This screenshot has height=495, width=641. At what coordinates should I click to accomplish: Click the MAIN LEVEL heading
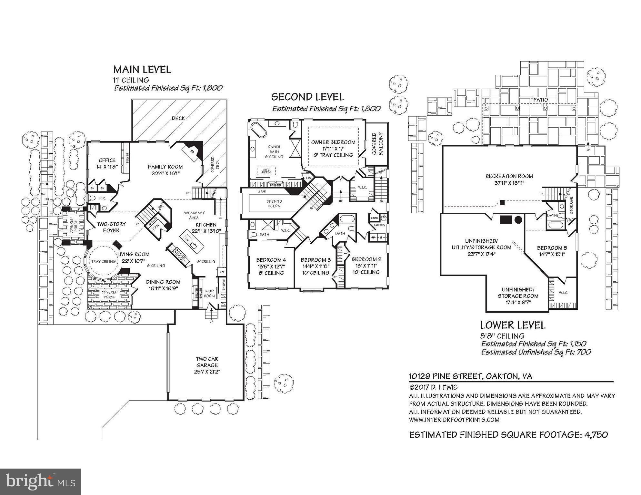[x=142, y=70]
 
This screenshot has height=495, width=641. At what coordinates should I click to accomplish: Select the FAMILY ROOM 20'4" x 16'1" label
[x=165, y=170]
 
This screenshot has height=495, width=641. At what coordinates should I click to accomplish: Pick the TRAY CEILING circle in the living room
[x=103, y=261]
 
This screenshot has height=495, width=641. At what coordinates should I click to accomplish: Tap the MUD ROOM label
[x=209, y=293]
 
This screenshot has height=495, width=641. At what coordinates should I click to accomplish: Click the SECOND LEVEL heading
[x=307, y=97]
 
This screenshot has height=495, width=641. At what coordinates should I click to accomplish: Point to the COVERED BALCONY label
[x=377, y=144]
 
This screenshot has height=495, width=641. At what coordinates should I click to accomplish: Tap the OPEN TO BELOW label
[x=274, y=203]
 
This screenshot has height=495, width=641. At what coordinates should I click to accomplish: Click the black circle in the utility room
[x=518, y=220]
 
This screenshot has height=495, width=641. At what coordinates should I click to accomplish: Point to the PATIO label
[x=540, y=100]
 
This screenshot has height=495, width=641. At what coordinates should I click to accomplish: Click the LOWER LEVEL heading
[x=513, y=325]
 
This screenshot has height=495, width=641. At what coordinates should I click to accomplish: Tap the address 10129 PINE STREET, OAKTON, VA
[x=471, y=376]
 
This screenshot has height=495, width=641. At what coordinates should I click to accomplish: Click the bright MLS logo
[x=40, y=482]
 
